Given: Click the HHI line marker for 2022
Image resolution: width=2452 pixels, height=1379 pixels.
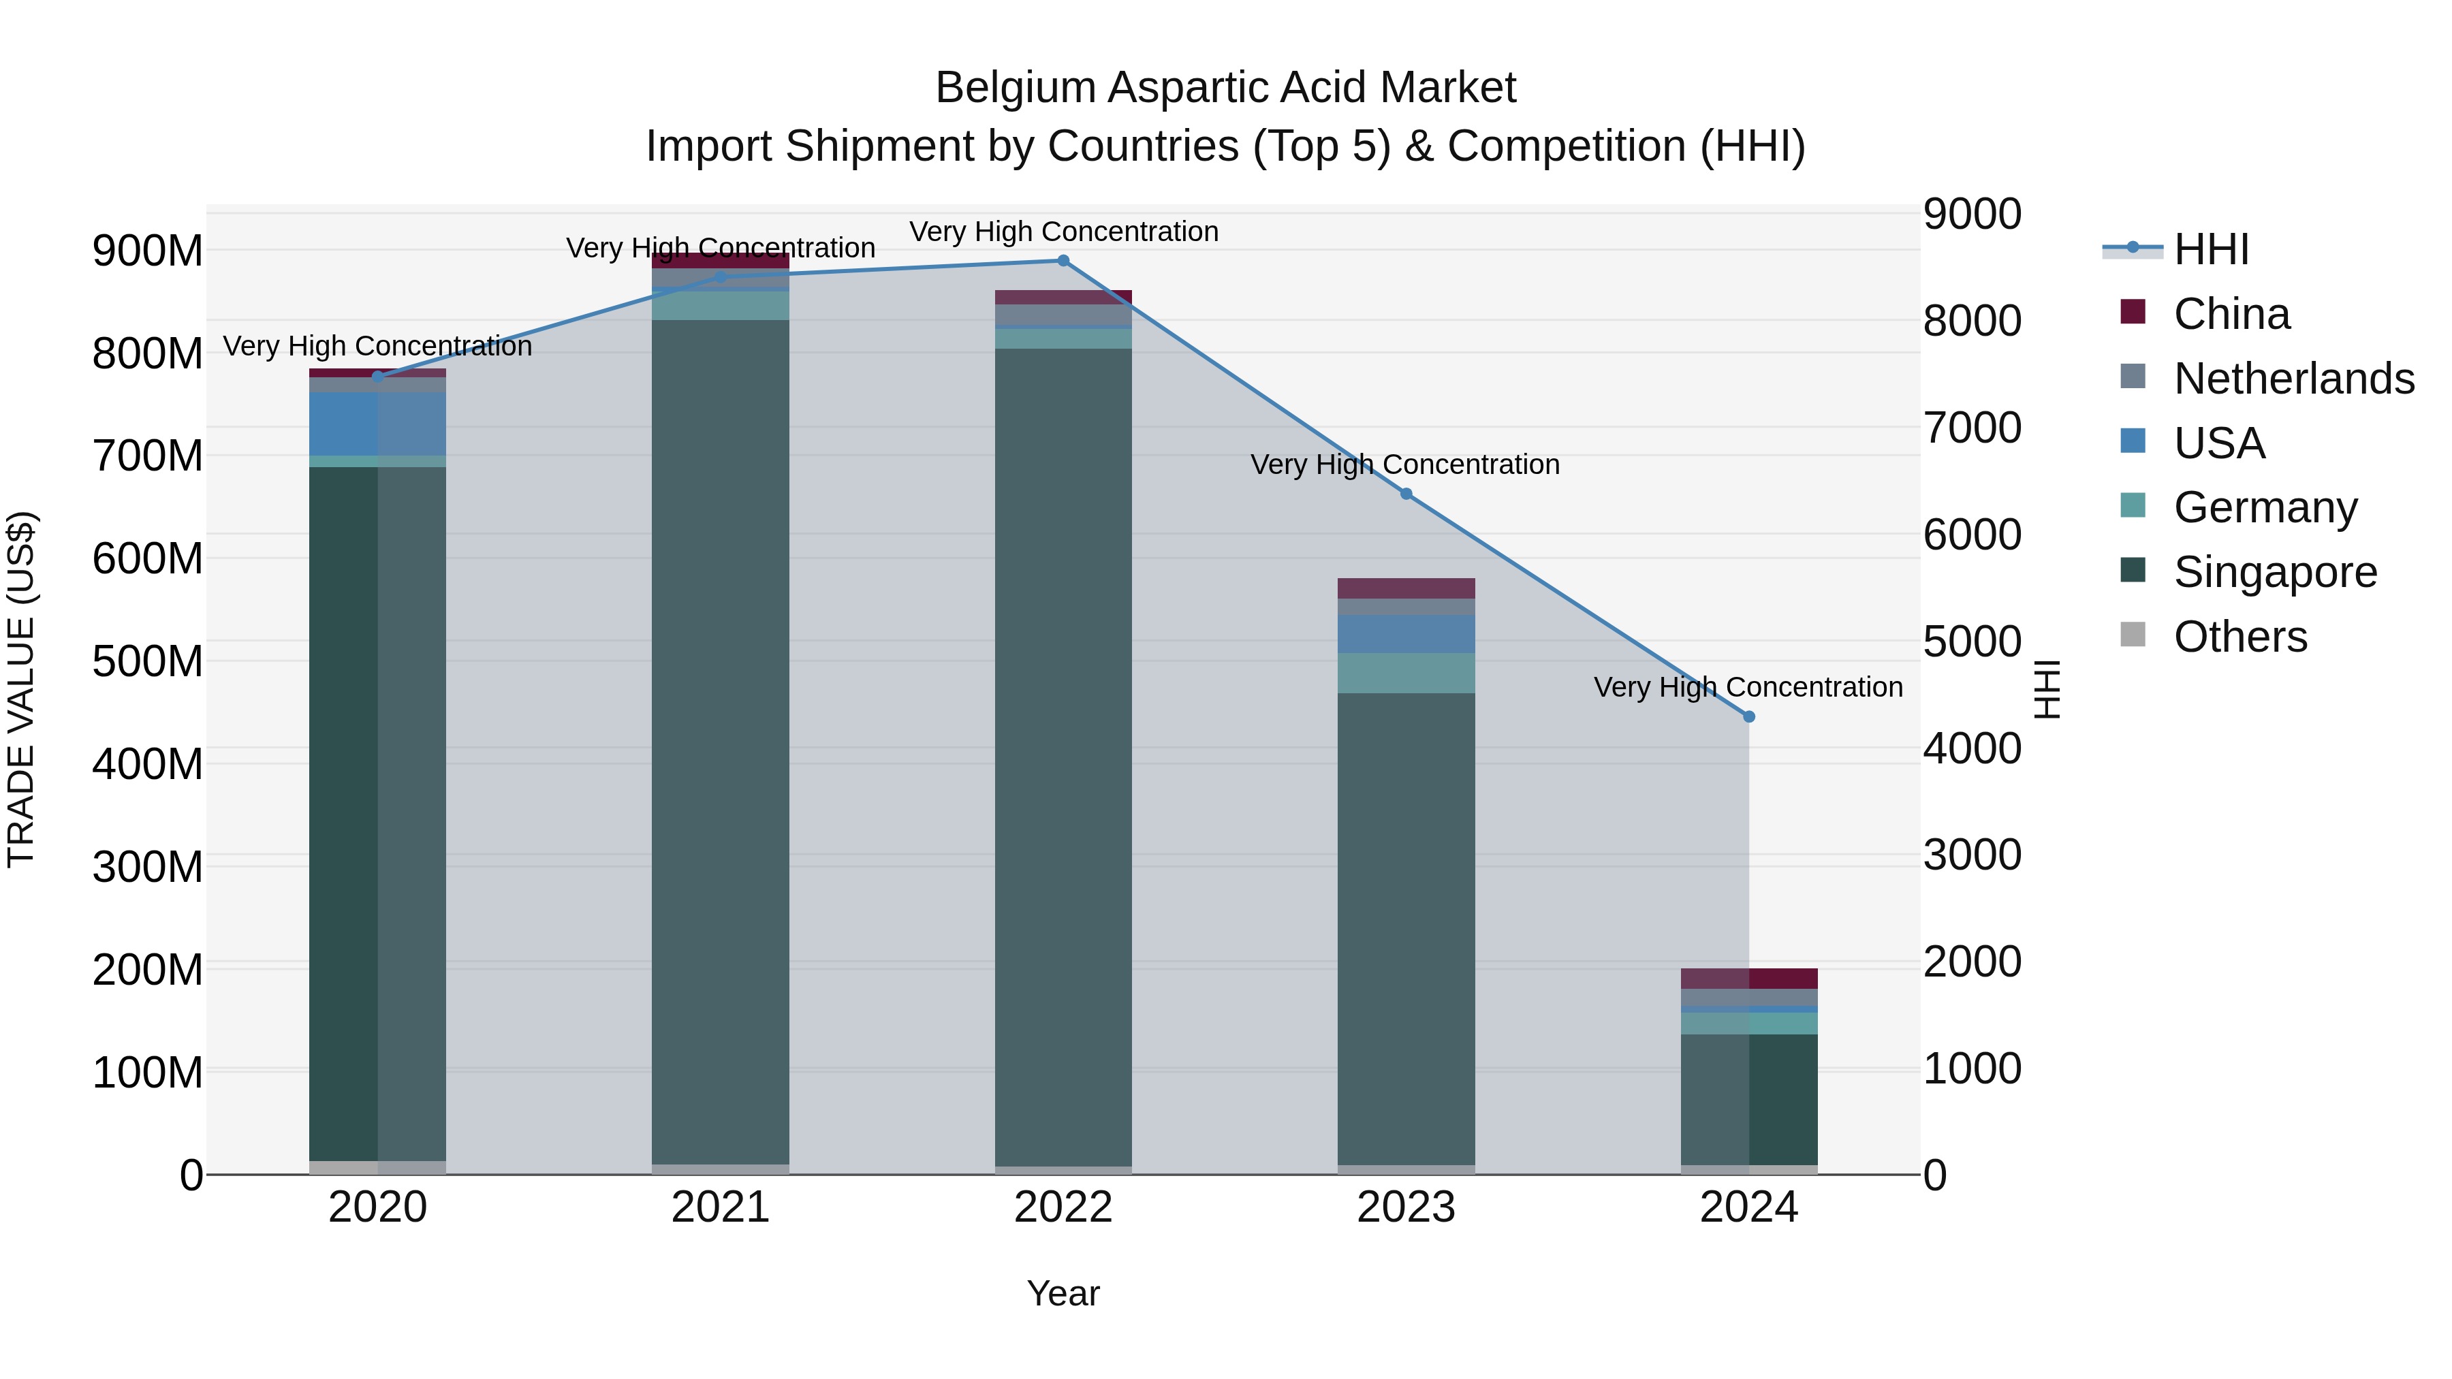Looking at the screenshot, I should click(x=1063, y=261).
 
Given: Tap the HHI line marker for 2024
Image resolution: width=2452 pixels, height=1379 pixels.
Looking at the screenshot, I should click(x=1748, y=716).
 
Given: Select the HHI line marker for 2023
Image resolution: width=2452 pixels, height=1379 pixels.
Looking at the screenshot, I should click(x=1406, y=494).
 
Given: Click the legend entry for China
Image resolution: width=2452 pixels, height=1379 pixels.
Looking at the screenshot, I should click(x=2231, y=314).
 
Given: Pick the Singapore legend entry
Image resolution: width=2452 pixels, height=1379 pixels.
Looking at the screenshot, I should click(x=2275, y=572).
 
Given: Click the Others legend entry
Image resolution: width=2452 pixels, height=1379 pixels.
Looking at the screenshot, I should click(x=2239, y=637).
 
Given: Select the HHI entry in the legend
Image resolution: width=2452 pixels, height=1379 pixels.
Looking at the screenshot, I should click(x=2210, y=249).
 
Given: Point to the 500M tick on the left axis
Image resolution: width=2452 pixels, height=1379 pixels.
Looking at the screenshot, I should click(x=148, y=661).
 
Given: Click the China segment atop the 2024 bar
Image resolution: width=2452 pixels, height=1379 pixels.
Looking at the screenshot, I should click(x=1748, y=979).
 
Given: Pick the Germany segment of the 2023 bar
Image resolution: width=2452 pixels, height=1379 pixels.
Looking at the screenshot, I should click(x=1406, y=673).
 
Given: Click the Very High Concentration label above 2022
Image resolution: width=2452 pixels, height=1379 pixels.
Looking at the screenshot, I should click(x=1063, y=232).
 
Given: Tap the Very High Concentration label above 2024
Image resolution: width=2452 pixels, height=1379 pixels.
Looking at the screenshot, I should click(x=1748, y=687).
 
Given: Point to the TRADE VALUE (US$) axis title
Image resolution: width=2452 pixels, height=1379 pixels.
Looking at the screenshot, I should click(x=21, y=689).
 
